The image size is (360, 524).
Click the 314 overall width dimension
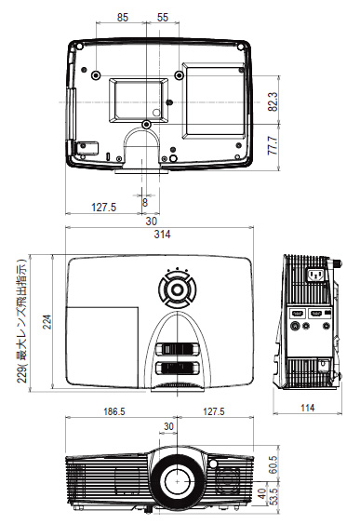pyautogui.click(x=162, y=235)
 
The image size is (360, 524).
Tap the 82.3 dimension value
pyautogui.click(x=273, y=101)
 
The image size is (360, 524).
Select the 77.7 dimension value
pyautogui.click(x=273, y=145)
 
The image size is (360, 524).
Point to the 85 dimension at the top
pyautogui.click(x=123, y=18)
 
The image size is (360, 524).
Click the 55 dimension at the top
pyautogui.click(x=163, y=18)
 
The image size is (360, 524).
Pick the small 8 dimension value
pyautogui.click(x=145, y=202)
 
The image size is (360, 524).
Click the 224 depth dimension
pyautogui.click(x=47, y=322)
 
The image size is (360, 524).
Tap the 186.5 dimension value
pyautogui.click(x=113, y=411)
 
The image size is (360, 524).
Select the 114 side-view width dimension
pyautogui.click(x=308, y=408)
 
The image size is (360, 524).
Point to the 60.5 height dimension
pyautogui.click(x=273, y=464)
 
